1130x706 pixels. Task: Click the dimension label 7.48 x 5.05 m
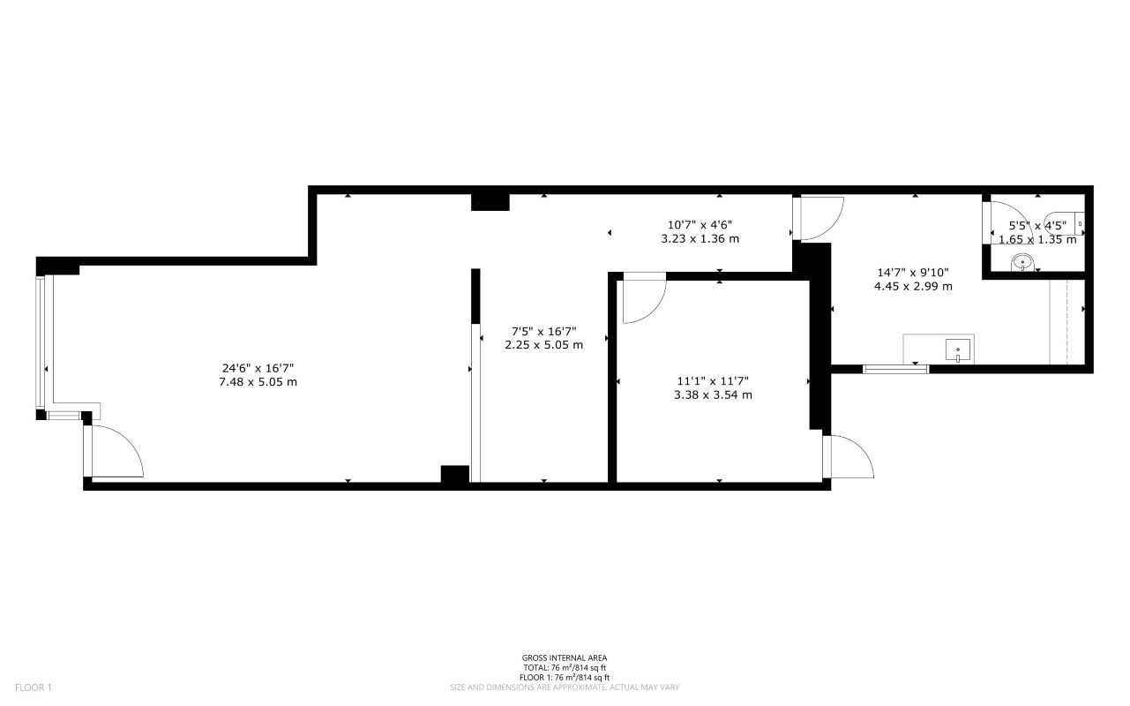click(258, 382)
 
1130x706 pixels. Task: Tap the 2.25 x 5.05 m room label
click(543, 345)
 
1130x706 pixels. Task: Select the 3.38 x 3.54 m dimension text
click(712, 394)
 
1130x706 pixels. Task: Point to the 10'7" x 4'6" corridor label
click(700, 223)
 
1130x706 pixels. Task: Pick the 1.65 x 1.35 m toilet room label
click(1037, 239)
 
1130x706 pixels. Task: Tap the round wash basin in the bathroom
click(1022, 262)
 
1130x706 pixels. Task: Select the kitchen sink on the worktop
click(958, 350)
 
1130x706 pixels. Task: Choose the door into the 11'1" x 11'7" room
click(642, 300)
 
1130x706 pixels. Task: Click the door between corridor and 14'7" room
click(819, 217)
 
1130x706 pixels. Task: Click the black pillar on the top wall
click(490, 202)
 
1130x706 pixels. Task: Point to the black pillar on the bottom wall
click(454, 474)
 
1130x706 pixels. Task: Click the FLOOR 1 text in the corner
click(34, 687)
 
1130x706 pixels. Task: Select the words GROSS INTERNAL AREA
click(565, 657)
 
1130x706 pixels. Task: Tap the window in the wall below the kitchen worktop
click(895, 369)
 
